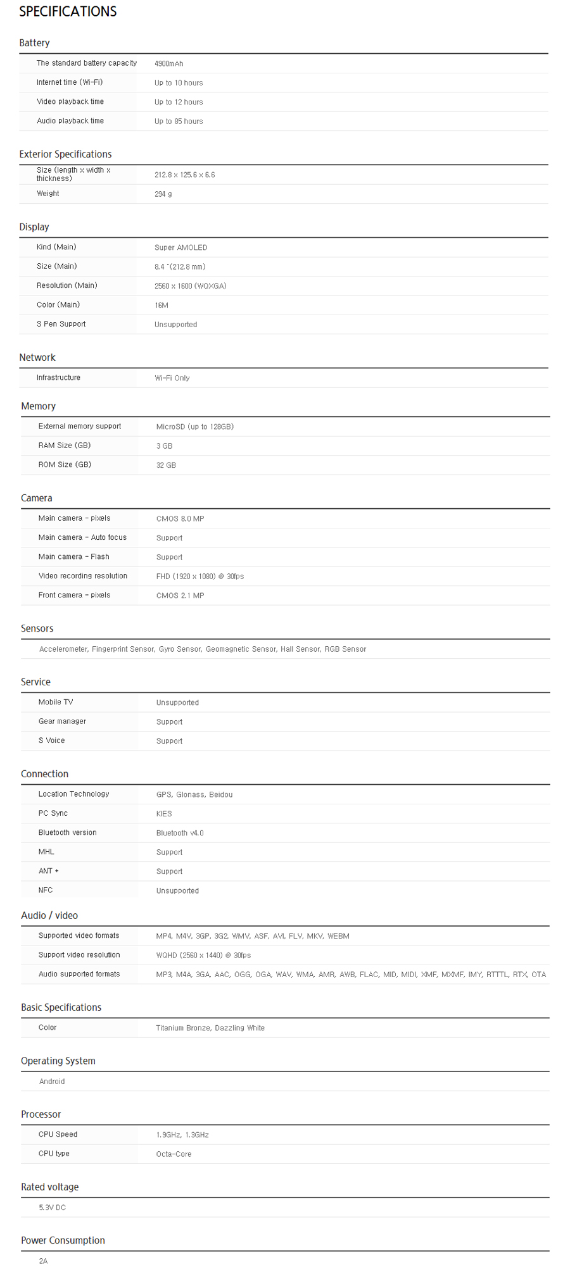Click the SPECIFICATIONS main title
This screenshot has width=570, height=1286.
(68, 11)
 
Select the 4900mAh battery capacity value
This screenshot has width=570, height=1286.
(168, 64)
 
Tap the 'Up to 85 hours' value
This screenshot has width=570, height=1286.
(179, 122)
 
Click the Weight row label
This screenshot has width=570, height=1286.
(47, 194)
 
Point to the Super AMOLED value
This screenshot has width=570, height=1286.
(180, 247)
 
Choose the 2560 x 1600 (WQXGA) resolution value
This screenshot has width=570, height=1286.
(190, 286)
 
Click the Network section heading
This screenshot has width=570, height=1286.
(37, 358)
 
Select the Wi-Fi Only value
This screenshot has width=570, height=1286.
(172, 378)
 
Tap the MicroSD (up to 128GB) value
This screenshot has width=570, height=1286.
(194, 427)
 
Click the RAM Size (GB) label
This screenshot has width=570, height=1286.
(64, 446)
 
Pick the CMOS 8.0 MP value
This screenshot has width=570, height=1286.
(180, 518)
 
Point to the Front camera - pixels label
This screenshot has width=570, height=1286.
(74, 595)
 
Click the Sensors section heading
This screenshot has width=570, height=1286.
(37, 628)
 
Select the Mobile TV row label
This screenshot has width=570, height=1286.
(55, 702)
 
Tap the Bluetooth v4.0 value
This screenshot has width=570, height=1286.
(180, 833)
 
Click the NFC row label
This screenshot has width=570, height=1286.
(45, 890)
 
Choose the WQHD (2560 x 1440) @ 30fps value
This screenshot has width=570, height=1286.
(203, 955)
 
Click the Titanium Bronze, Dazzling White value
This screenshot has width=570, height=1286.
(210, 1028)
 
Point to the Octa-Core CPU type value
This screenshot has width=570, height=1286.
(174, 1154)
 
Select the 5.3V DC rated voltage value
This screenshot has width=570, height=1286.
(52, 1208)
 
